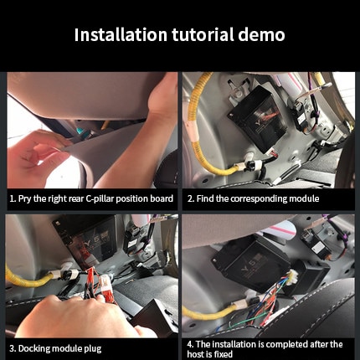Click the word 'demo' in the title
tap(260, 35)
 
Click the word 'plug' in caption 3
tap(92, 347)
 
